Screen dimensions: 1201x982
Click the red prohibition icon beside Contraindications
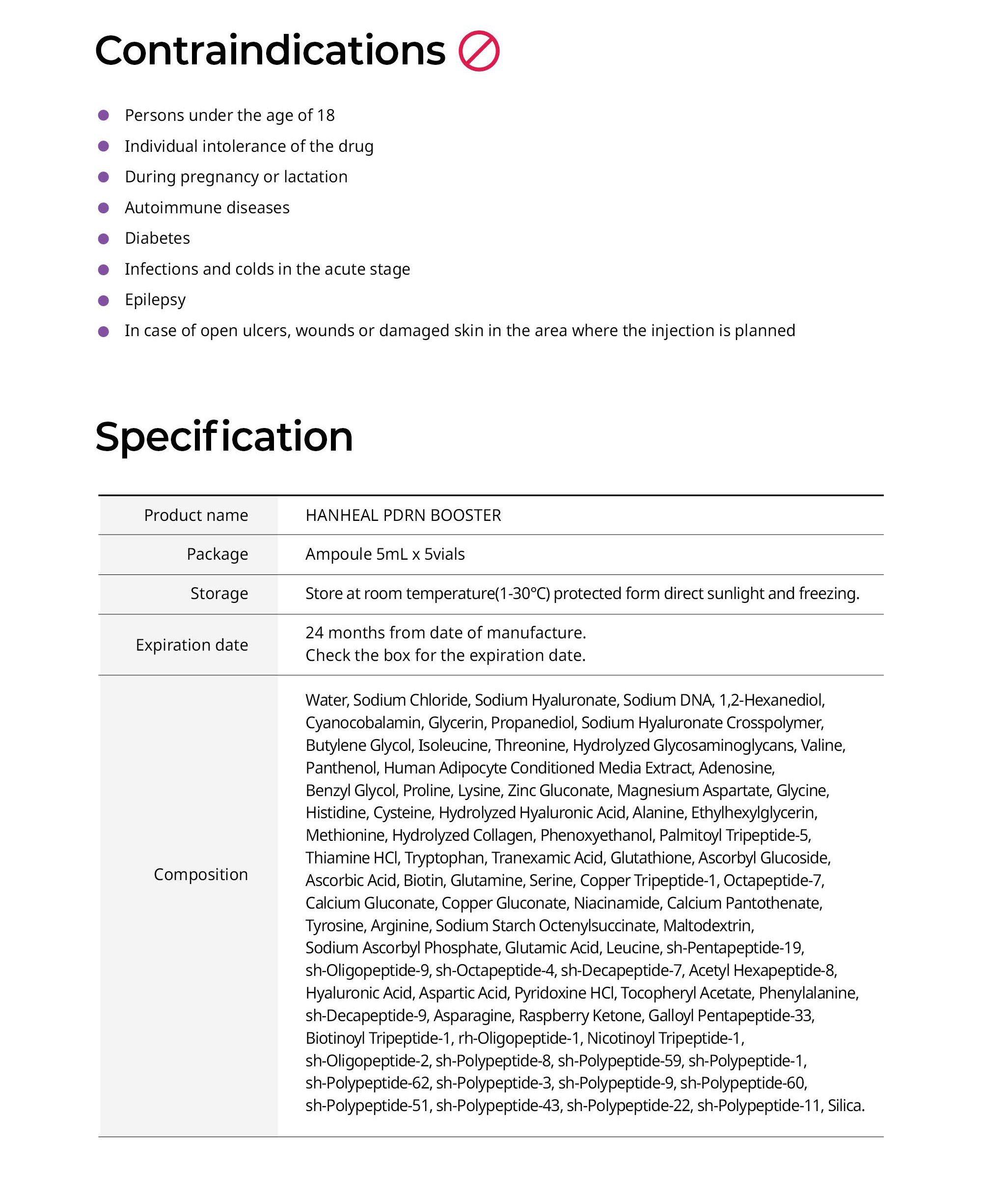pos(479,51)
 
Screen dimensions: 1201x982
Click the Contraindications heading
pos(270,51)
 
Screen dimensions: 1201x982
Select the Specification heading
pos(224,437)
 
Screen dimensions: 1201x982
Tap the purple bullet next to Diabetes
pos(104,239)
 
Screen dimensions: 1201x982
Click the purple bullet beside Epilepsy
pos(104,301)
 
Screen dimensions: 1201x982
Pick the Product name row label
pos(196,515)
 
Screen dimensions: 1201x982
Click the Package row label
pos(217,554)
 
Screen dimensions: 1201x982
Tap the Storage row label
pos(219,593)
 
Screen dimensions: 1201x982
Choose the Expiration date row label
pos(192,645)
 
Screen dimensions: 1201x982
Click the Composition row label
pos(201,874)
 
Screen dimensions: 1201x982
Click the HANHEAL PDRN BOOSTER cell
pos(403,515)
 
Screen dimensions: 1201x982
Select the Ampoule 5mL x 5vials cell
pos(384,554)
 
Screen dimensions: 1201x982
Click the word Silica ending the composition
pos(845,1105)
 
